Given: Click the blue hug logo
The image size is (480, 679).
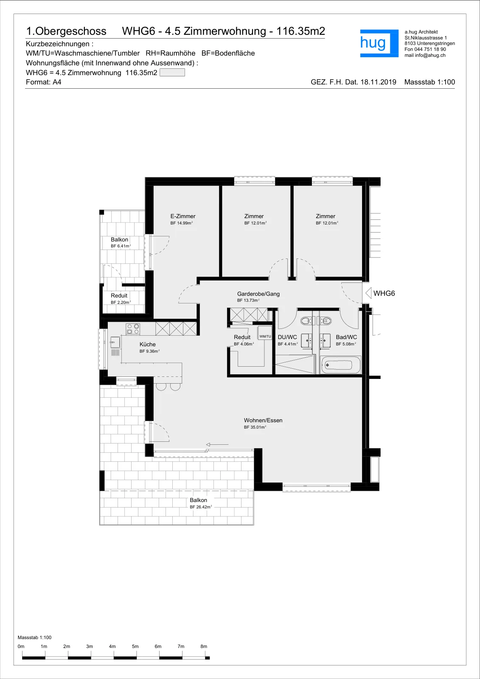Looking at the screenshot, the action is click(379, 43).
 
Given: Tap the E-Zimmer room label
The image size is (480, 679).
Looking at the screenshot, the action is click(183, 216).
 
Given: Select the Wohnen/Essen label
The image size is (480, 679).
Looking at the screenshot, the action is click(263, 420).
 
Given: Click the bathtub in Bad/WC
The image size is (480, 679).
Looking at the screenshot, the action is click(341, 365).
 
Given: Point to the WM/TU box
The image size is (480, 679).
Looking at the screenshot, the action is click(265, 336).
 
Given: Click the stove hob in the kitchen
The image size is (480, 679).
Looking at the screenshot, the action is click(133, 329).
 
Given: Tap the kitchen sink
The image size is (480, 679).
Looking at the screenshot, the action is click(115, 342).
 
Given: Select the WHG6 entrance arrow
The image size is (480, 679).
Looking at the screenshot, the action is click(368, 293).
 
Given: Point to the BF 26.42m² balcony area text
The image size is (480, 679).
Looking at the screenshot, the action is click(201, 507).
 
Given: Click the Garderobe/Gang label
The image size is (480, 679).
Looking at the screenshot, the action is click(258, 293).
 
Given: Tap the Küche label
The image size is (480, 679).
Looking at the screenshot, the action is click(147, 344).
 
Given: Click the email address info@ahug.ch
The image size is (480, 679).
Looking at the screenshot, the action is click(430, 55).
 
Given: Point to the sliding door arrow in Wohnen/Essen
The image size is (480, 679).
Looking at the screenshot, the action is click(217, 444).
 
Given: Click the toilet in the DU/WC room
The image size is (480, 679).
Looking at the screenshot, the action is click(306, 320).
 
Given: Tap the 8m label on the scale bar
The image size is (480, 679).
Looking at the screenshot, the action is click(204, 646).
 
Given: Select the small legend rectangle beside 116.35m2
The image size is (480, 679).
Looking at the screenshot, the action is click(172, 73).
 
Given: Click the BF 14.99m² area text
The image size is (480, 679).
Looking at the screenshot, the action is click(181, 223).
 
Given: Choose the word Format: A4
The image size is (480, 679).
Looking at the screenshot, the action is click(43, 82).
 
